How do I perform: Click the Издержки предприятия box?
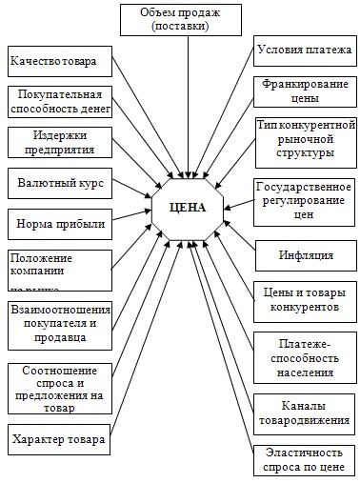[59, 141]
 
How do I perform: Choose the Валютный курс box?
[59, 180]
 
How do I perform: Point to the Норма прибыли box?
[59, 224]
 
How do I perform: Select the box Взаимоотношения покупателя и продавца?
[59, 324]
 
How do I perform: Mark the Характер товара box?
[59, 440]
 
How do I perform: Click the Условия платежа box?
[304, 51]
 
